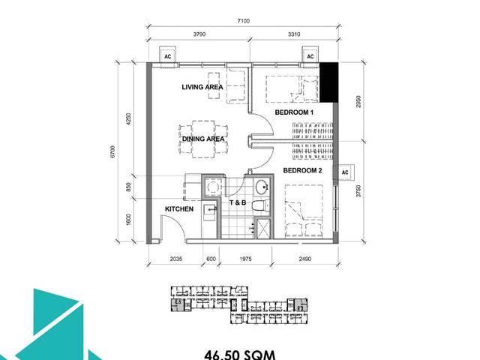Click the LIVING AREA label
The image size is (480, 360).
pos(202,87)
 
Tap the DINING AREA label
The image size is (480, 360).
pos(203,139)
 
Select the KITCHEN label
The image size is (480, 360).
pos(179,209)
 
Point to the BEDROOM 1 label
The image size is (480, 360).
pos(294,112)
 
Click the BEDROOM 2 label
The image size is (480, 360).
pos(302,170)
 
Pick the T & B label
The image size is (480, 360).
pos(238,202)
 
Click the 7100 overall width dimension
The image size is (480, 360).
pos(243,21)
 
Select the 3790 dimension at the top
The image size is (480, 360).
pos(199,34)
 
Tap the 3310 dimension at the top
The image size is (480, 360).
pos(294,34)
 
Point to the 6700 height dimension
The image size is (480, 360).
pos(112,151)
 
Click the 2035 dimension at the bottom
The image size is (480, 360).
pos(176,259)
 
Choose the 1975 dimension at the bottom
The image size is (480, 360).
pos(245,259)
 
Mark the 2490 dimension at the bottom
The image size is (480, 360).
pos(305,259)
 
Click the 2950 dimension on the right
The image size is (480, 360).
pos(358,102)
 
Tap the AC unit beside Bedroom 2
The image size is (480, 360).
pos(346,172)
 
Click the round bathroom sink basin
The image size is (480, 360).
pos(262,187)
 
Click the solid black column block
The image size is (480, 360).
pos(328,82)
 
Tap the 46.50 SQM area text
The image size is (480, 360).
pos(240,355)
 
